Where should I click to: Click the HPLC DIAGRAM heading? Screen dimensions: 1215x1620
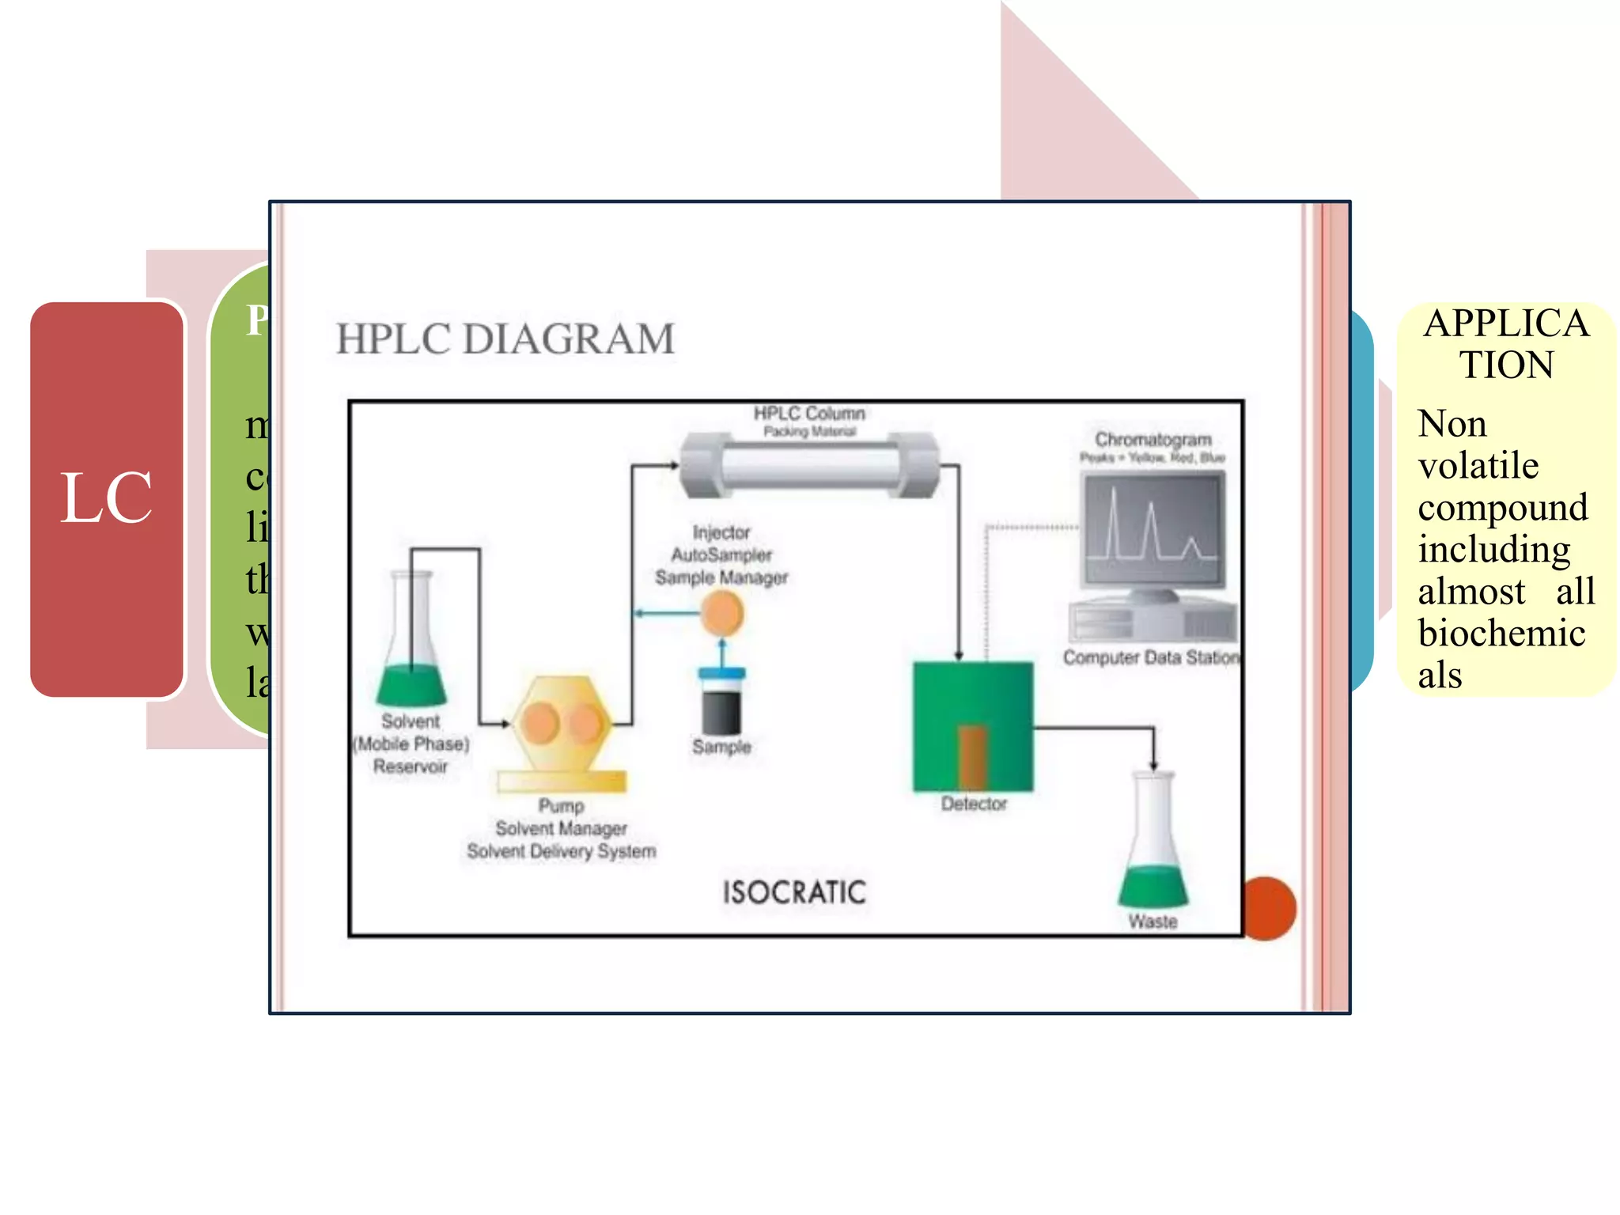[505, 339]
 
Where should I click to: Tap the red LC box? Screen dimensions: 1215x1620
[107, 498]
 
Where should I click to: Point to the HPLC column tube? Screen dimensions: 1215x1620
[809, 466]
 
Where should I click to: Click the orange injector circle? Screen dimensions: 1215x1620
[722, 614]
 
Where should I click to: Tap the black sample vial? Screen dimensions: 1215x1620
[721, 708]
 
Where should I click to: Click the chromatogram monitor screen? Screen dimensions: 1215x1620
[1153, 528]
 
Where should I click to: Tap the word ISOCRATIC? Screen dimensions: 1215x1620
[794, 893]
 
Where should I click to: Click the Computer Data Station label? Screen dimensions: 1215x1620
[1151, 657]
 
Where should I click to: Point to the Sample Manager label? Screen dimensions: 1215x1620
[721, 578]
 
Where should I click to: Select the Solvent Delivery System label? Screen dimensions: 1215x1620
[562, 852]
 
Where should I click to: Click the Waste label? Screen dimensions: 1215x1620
[1153, 922]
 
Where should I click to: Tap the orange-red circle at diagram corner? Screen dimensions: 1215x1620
[1269, 908]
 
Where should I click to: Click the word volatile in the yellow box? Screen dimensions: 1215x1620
[1478, 466]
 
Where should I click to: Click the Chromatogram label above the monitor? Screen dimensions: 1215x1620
[1153, 440]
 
